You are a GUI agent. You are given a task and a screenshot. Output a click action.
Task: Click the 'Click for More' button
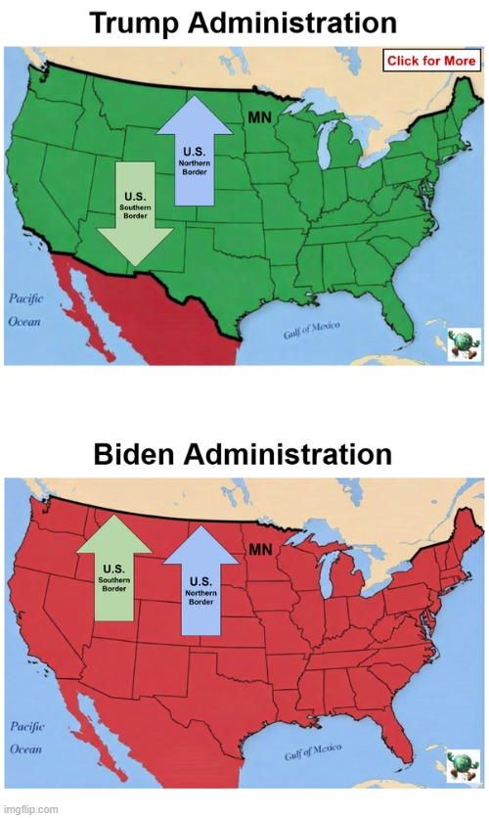[x=430, y=61]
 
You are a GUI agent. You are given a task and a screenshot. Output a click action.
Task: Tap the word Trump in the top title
[x=136, y=23]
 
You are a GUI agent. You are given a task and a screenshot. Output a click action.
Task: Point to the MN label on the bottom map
[x=259, y=549]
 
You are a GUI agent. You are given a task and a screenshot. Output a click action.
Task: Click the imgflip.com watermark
[x=30, y=809]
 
